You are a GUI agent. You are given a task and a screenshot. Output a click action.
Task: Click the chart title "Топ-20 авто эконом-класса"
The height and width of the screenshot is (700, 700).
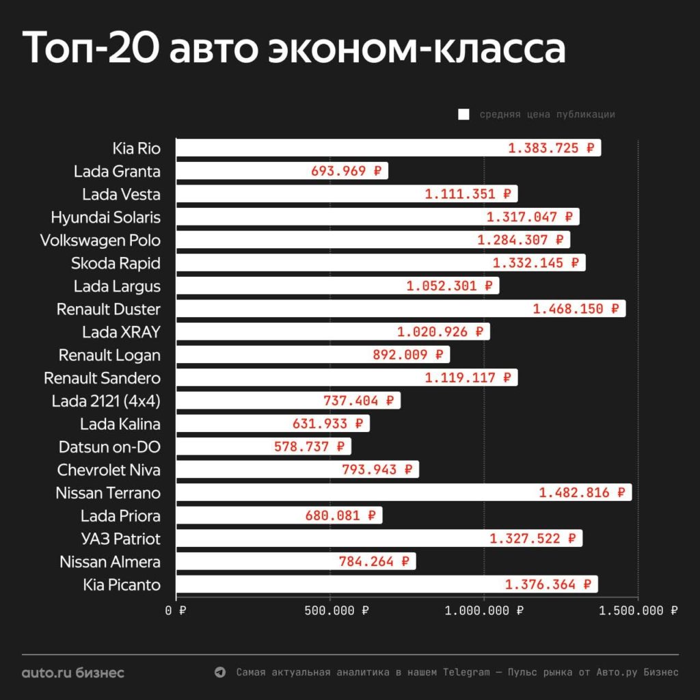coord(295,48)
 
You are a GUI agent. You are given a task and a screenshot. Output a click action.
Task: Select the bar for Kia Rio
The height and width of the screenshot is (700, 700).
coord(342,148)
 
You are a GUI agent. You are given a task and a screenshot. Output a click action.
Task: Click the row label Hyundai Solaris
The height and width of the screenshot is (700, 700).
coord(106,217)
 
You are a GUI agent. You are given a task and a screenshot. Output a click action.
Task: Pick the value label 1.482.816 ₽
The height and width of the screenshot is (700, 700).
coord(582,492)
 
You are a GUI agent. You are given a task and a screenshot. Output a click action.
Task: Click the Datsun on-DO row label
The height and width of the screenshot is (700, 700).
coord(109,447)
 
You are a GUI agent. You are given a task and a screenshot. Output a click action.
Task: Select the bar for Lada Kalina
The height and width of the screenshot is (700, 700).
coord(232,424)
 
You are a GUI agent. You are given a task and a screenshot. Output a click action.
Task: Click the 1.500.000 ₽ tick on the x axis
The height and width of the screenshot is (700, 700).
coord(638,610)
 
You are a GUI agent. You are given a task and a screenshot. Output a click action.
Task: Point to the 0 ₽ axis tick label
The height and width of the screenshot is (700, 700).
coord(176,610)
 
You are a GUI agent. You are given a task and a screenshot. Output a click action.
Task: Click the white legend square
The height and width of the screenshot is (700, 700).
coord(463,115)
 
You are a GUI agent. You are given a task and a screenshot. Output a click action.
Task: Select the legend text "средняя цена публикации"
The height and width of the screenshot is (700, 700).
coord(547,115)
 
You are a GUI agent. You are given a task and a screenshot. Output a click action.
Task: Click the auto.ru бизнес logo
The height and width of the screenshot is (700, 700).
coord(73,673)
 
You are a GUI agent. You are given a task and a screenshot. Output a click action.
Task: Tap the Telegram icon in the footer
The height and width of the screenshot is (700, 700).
coord(219,673)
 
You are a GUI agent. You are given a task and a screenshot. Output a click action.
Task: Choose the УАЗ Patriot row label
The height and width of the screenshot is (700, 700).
coord(120,539)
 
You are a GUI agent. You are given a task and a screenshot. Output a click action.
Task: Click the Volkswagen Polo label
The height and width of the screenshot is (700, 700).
coord(100,241)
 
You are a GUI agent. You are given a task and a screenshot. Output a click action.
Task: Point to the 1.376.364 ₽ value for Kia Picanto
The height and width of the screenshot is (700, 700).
coord(548,584)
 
